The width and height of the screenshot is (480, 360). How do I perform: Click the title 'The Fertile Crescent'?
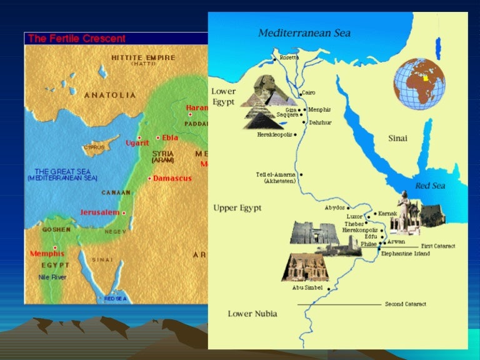point(77,39)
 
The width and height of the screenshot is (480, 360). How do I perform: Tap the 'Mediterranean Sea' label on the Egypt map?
point(304,32)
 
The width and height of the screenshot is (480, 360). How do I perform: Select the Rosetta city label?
point(289,57)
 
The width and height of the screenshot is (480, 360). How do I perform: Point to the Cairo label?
point(309,92)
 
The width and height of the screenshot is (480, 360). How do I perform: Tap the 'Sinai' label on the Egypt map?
point(397,137)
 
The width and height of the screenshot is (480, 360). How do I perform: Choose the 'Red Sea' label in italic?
point(430,186)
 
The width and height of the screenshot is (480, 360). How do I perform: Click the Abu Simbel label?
point(307,288)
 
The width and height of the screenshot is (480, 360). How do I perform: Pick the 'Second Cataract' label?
point(406,304)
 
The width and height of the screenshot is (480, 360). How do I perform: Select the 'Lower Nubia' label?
point(252,313)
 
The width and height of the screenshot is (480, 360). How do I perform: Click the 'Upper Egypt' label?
point(237,207)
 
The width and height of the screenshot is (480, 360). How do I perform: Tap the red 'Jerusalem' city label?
point(100,212)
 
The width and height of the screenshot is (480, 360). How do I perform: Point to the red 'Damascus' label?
point(171,179)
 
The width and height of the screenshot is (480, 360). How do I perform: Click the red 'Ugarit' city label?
point(137,142)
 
